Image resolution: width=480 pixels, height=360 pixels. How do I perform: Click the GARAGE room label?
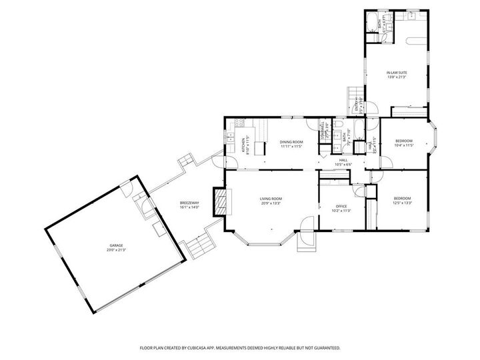click(x=117, y=247)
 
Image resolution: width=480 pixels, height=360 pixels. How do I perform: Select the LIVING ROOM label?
click(x=271, y=199)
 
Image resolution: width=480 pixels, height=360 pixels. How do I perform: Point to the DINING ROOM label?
click(x=291, y=141)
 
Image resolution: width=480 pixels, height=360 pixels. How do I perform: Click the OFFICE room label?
click(x=342, y=207)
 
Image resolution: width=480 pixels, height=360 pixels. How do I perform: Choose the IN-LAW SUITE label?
click(x=397, y=73)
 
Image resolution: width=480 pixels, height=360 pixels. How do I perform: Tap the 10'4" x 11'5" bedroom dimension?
click(x=404, y=145)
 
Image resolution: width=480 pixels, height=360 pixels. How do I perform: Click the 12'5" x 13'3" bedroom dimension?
click(x=403, y=203)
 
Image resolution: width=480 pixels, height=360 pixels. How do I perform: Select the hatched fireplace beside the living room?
click(x=219, y=201)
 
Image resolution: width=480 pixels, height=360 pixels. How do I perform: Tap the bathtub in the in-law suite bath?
click(x=371, y=26)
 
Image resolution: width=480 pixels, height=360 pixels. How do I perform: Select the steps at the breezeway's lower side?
click(x=199, y=247)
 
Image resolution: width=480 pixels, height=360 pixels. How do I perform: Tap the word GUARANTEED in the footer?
click(x=324, y=348)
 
